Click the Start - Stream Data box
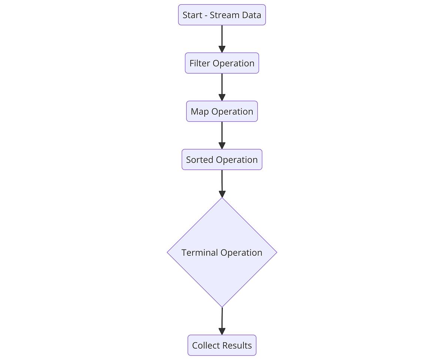(x=222, y=15)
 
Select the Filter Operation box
(x=222, y=63)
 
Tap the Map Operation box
(x=222, y=111)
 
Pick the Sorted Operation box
(x=222, y=160)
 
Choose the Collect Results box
(x=222, y=345)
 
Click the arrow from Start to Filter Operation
(x=222, y=37)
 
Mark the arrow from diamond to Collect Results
(x=222, y=319)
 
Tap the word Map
(x=200, y=112)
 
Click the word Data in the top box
(x=253, y=15)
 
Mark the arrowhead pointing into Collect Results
(x=222, y=331)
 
